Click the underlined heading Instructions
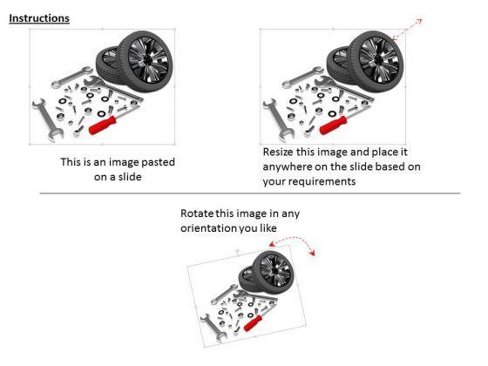(39, 18)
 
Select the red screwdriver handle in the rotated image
(253, 323)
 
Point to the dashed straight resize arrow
(407, 30)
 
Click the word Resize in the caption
(278, 152)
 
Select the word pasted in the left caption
(158, 162)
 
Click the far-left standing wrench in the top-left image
(47, 120)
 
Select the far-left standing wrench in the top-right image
(278, 120)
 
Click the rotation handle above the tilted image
(237, 251)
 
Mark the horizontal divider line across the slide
(250, 193)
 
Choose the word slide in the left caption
(130, 177)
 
